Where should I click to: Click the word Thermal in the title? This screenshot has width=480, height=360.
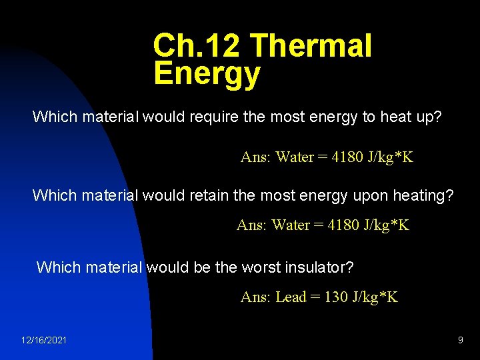tap(311, 46)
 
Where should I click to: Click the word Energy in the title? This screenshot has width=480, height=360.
tap(207, 73)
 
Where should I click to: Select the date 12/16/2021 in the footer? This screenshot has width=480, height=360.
tap(44, 340)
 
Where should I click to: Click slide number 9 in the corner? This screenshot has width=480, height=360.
tap(460, 340)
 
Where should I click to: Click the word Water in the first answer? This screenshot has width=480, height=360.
tap(295, 157)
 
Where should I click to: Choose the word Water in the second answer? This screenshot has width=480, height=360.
tap(291, 225)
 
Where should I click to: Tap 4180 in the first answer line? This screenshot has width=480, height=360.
tap(347, 157)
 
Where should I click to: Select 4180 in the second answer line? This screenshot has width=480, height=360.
tap(343, 225)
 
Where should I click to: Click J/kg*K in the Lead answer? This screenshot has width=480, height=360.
tap(375, 297)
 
